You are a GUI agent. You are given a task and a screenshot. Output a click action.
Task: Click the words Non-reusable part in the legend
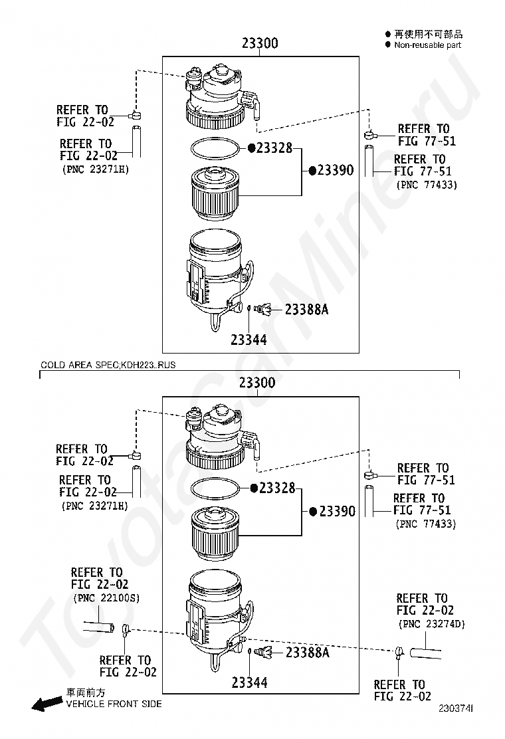(x=427, y=45)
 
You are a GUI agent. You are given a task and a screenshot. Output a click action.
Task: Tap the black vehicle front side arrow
(x=47, y=704)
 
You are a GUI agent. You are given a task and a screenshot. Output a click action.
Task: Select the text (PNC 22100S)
(x=106, y=597)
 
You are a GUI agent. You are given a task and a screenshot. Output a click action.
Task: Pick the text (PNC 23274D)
(x=432, y=624)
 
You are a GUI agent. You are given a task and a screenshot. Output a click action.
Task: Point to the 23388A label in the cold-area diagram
(x=308, y=653)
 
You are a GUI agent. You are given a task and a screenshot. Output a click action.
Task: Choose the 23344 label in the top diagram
(x=249, y=340)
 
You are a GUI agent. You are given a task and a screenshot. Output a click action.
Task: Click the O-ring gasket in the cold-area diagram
(x=214, y=489)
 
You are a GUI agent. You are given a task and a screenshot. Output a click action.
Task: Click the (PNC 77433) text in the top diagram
(x=426, y=185)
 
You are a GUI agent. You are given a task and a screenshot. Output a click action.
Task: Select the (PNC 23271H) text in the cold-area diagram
(x=94, y=506)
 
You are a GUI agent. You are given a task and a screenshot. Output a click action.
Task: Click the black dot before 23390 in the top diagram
(x=311, y=170)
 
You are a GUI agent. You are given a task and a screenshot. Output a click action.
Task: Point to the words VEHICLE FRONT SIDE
(x=114, y=704)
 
